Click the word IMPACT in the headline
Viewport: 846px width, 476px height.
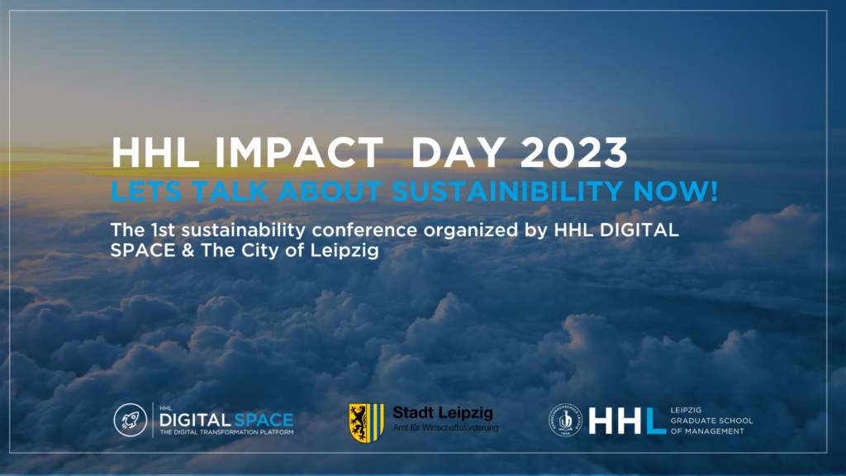coord(299,153)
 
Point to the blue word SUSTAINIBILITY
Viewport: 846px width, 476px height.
coord(507,191)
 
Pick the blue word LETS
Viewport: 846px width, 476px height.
coord(145,191)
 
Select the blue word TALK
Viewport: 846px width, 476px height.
coord(230,191)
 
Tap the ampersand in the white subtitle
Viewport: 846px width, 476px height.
coord(188,250)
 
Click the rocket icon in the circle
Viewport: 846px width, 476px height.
coord(131,419)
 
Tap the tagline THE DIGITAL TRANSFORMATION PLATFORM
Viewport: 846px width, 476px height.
coord(226,432)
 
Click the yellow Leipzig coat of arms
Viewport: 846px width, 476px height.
coord(366,422)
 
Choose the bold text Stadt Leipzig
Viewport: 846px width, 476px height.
coord(443,413)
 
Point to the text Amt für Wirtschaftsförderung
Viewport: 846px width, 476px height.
coord(445,428)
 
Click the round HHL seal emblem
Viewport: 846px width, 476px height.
coord(565,420)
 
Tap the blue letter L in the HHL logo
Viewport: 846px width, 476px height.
coord(657,421)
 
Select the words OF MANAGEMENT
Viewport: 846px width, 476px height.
coord(707,431)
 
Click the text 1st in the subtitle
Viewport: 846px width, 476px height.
coord(163,230)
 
